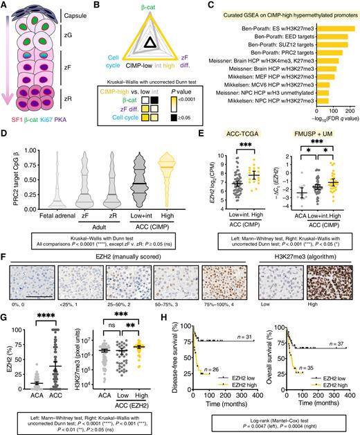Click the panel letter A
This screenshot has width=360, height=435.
tap(6, 6)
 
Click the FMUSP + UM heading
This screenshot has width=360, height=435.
tap(314, 150)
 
